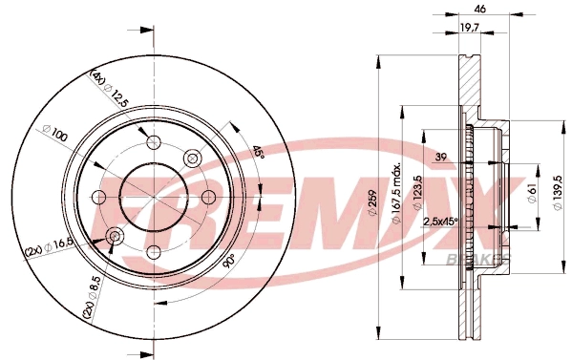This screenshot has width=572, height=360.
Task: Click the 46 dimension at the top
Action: tap(480, 9)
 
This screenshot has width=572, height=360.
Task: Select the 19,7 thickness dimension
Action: tap(469, 27)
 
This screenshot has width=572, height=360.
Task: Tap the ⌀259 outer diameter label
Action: tap(372, 202)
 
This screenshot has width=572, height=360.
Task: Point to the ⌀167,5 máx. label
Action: tap(397, 193)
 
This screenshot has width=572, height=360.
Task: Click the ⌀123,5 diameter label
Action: tap(418, 193)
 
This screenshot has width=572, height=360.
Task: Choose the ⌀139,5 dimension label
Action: tap(557, 193)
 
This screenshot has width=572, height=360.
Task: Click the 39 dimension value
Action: tap(441, 157)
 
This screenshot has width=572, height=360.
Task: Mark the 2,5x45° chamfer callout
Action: tap(440, 222)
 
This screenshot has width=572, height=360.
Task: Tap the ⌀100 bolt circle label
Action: tap(55, 134)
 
